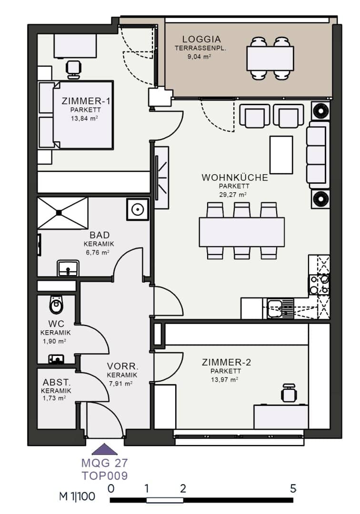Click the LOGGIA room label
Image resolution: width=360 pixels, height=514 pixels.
(201, 40)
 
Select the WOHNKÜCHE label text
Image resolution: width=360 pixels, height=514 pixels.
(235, 178)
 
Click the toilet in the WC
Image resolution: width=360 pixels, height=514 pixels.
(56, 305)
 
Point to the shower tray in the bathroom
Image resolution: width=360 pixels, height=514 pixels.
(63, 213)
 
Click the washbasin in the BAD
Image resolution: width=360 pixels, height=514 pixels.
(68, 268)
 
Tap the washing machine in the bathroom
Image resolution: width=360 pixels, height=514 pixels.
(137, 209)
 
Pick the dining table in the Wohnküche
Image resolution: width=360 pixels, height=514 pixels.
(241, 232)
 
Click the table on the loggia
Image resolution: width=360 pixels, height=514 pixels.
(270, 59)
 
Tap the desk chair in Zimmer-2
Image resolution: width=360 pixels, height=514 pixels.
(289, 392)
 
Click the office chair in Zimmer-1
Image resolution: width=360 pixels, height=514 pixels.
(74, 69)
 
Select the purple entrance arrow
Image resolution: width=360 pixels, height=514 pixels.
(104, 449)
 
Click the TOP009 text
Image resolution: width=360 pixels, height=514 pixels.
(105, 475)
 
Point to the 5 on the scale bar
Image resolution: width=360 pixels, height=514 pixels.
(293, 488)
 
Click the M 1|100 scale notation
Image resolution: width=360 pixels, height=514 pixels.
(77, 496)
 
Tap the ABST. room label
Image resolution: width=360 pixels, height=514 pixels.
(57, 382)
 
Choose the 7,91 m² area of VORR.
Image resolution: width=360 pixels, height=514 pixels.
(120, 383)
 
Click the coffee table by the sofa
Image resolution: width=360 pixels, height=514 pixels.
(281, 155)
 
